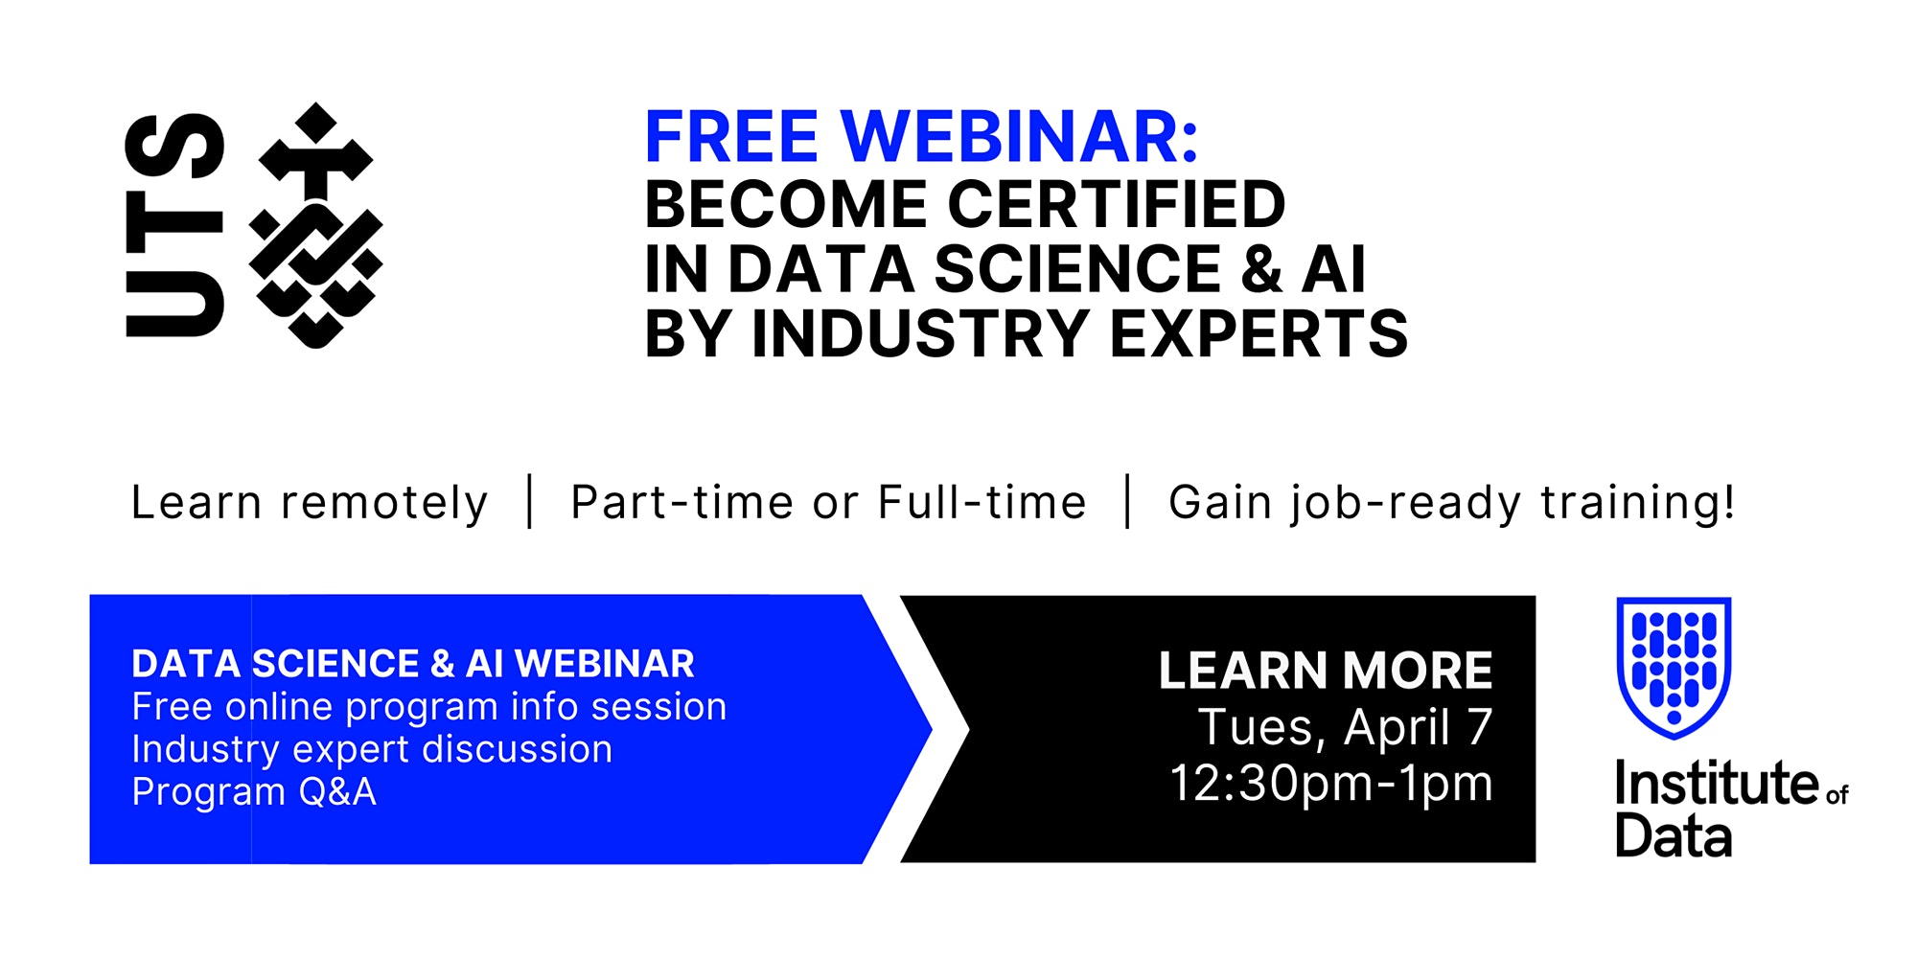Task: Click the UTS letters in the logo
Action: [174, 225]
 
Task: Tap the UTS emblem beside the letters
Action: [315, 226]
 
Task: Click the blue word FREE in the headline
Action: [731, 137]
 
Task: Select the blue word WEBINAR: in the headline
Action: [1020, 137]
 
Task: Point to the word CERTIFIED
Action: [1117, 204]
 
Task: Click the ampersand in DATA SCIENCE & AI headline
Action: [1261, 269]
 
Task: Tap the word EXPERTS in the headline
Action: [1259, 333]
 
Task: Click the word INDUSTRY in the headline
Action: [920, 333]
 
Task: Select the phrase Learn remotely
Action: [310, 503]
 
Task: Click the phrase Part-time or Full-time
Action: [828, 502]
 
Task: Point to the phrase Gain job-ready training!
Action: [1451, 503]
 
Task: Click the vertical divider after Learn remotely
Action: [530, 501]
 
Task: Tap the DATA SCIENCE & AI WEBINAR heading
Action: [413, 663]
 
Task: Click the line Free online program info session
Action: [429, 707]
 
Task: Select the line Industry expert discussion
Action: [372, 749]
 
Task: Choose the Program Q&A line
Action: [254, 792]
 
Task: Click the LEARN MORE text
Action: [1326, 671]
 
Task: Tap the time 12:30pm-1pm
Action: [1331, 784]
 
